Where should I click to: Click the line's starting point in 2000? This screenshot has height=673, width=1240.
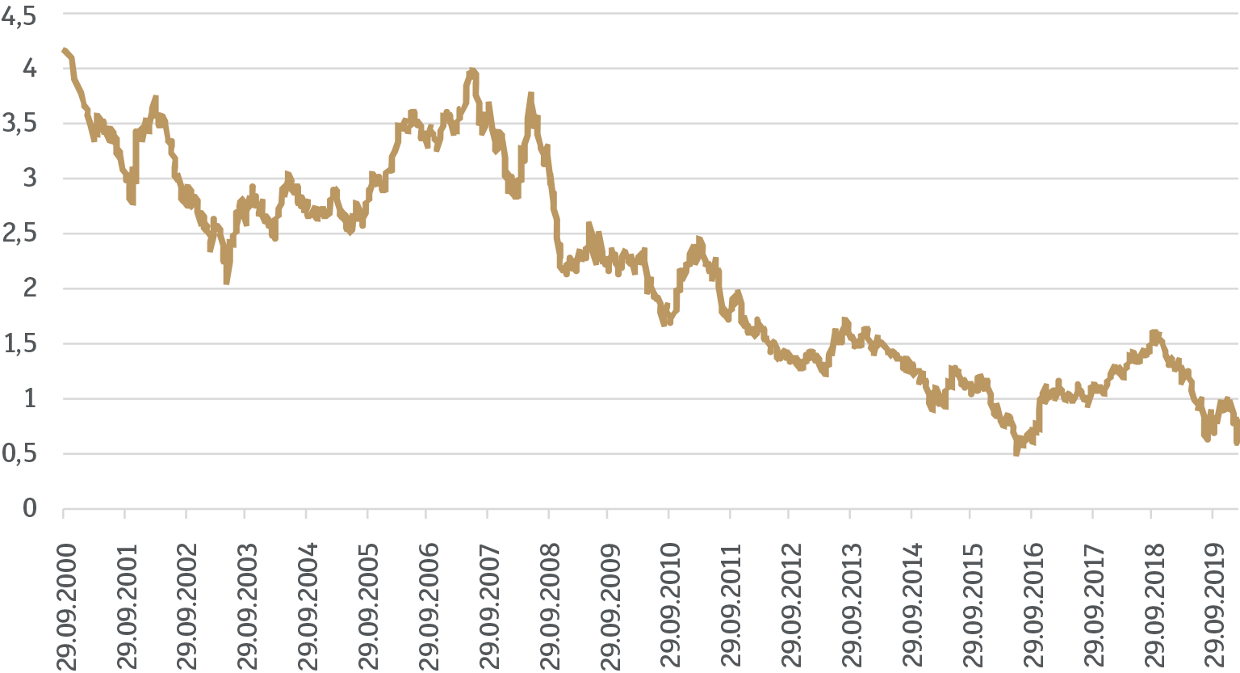click(x=64, y=50)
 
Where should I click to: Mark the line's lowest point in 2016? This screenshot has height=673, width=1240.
click(x=1016, y=453)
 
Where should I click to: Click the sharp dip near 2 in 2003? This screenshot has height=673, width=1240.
click(x=227, y=281)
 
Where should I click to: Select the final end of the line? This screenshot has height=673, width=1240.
click(x=1237, y=441)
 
